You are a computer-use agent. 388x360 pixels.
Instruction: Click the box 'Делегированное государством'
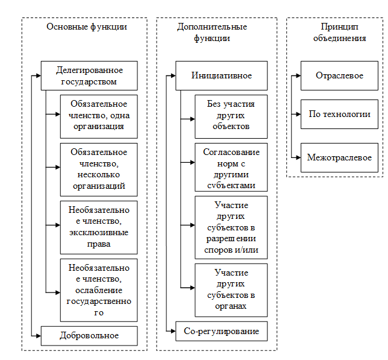pyautogui.click(x=89, y=75)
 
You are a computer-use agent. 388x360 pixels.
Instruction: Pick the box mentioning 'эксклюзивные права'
pyautogui.click(x=98, y=226)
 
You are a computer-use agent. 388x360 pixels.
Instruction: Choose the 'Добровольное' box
pyautogui.click(x=89, y=335)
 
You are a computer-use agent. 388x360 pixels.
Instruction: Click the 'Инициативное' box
pyautogui.click(x=221, y=76)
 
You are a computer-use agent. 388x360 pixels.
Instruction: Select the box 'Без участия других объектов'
pyautogui.click(x=231, y=115)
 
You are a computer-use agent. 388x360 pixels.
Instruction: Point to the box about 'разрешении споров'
pyautogui.click(x=231, y=226)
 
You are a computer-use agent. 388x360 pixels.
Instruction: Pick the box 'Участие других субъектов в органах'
pyautogui.click(x=231, y=289)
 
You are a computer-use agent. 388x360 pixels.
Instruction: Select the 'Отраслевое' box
pyautogui.click(x=339, y=76)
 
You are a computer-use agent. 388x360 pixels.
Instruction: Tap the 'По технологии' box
pyautogui.click(x=339, y=114)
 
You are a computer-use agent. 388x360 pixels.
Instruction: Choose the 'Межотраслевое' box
pyautogui.click(x=339, y=157)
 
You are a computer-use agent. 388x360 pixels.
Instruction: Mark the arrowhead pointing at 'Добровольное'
pyautogui.click(x=37, y=335)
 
